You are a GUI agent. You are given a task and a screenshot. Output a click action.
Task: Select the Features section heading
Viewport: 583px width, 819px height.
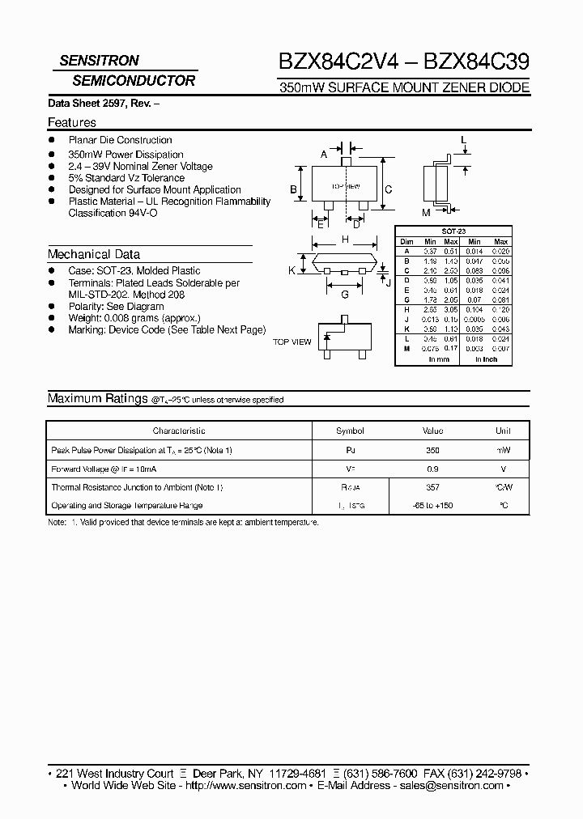pyautogui.click(x=72, y=123)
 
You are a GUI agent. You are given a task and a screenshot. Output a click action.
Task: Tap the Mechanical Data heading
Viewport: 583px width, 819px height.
pyautogui.click(x=94, y=254)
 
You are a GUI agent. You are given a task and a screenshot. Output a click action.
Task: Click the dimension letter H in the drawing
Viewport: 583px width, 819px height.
pyautogui.click(x=346, y=240)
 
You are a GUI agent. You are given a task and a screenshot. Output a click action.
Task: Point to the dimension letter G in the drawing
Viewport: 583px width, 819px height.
pyautogui.click(x=345, y=295)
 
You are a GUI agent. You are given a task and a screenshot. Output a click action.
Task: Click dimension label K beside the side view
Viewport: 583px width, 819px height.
pyautogui.click(x=291, y=270)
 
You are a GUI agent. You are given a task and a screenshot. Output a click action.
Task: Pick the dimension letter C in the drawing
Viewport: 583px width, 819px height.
pyautogui.click(x=389, y=190)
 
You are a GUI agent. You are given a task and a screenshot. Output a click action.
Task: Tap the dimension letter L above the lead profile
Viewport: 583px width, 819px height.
pyautogui.click(x=464, y=141)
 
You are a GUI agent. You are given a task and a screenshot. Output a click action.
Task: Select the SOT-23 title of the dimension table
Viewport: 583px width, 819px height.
pyautogui.click(x=453, y=231)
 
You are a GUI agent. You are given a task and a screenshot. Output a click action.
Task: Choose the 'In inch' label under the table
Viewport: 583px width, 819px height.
pyautogui.click(x=487, y=359)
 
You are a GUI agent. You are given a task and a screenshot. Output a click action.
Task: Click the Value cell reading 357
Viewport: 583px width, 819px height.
pyautogui.click(x=432, y=488)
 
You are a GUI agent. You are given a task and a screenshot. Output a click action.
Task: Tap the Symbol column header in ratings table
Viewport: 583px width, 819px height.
pyautogui.click(x=350, y=431)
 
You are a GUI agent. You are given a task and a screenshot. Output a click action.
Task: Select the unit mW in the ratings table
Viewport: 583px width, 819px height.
pyautogui.click(x=504, y=451)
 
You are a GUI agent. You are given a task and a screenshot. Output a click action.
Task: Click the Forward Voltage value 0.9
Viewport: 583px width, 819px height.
pyautogui.click(x=432, y=469)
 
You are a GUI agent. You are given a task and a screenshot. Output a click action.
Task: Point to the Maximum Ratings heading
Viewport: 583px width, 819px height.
pyautogui.click(x=97, y=399)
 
